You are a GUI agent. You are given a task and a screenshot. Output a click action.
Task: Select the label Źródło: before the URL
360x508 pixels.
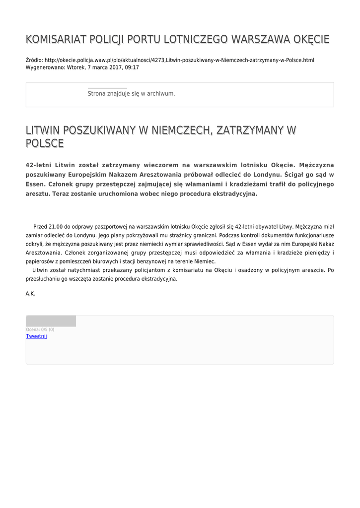pos(34,60)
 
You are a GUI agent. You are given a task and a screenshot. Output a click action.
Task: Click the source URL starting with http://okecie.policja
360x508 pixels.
pos(179,60)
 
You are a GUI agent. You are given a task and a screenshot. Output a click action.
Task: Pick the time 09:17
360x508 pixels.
pos(132,67)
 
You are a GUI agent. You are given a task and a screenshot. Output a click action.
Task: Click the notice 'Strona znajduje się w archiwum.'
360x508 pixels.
pos(131,93)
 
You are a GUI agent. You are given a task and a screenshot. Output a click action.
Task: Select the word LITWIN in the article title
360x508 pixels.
pos(43,130)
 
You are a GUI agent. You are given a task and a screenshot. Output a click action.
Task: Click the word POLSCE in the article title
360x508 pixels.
pos(45,143)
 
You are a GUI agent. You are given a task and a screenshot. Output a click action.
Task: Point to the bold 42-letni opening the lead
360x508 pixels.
pos(39,165)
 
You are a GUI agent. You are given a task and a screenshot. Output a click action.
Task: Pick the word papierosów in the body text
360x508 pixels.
pos(39,261)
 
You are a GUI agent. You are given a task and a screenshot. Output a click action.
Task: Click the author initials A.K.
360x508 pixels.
pos(30,294)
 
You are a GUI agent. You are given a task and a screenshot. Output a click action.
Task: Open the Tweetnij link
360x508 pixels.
pos(36,336)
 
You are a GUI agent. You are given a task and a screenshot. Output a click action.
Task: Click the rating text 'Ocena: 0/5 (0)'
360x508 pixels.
pos(40,329)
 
